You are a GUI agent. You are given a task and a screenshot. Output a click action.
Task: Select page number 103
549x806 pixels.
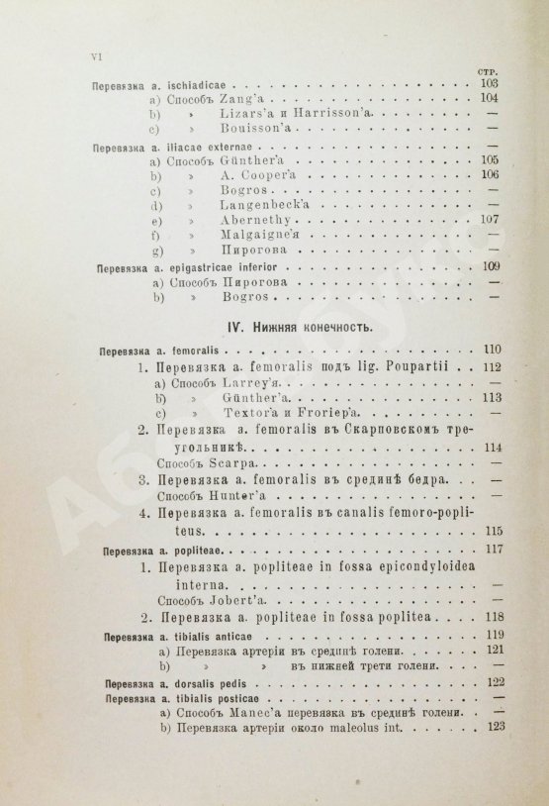(x=486, y=85)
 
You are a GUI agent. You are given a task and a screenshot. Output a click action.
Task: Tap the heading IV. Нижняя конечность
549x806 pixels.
(x=288, y=323)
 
